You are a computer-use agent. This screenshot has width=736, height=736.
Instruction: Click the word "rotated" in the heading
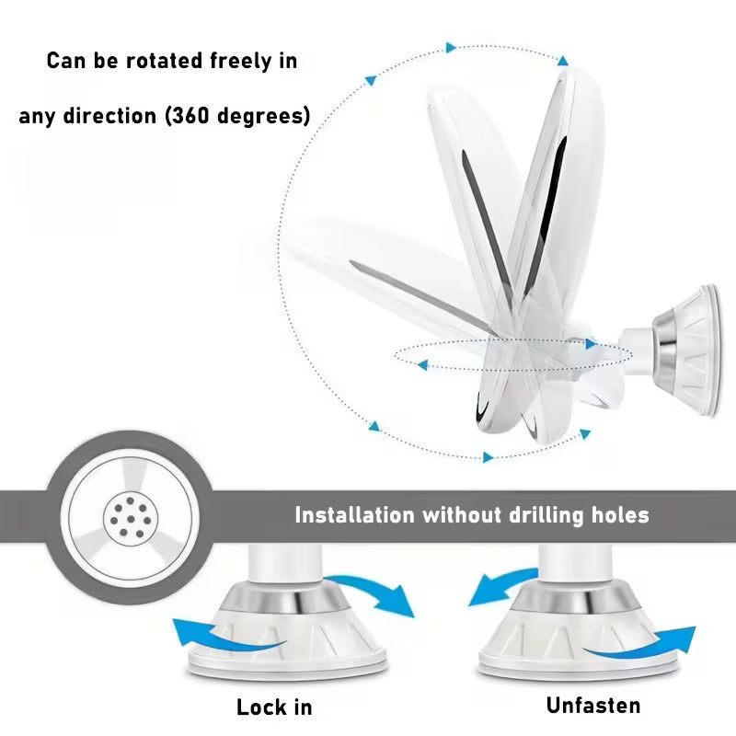165,61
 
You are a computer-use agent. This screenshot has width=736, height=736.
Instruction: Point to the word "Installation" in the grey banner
354,515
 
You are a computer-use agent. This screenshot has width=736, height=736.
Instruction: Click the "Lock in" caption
274,707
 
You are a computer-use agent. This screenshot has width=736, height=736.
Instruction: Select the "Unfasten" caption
593,706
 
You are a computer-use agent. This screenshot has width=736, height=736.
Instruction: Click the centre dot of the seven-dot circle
131,519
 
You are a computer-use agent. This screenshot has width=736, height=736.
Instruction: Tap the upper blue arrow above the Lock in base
371,594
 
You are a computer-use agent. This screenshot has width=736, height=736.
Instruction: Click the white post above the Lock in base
284,563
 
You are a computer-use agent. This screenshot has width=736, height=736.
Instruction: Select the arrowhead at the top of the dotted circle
451,48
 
